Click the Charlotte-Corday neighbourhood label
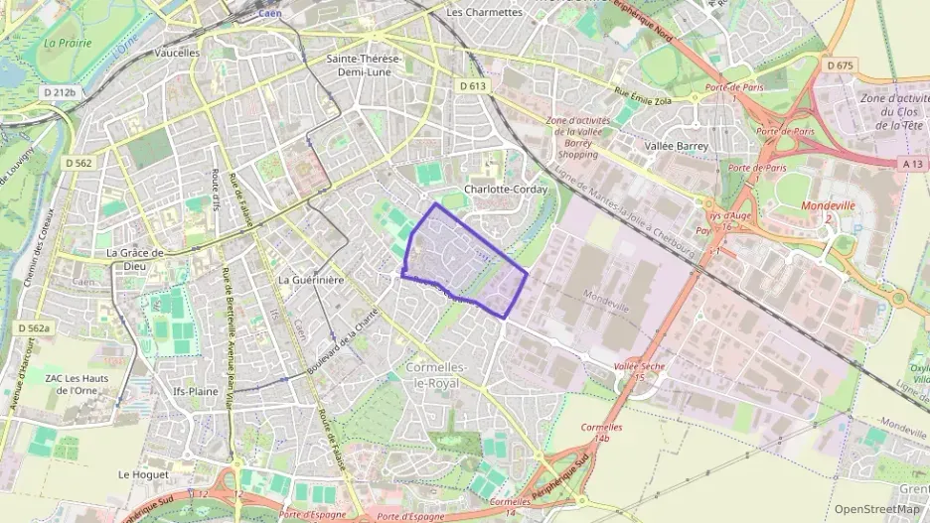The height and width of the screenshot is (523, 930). pos(500,189)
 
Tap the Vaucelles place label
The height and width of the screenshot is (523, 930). pos(178,53)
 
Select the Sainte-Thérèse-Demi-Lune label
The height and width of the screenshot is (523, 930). pos(365,65)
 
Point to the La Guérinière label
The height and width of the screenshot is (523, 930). pos(311,281)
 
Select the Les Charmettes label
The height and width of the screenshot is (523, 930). pos(485,12)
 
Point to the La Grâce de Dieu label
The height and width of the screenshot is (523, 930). pos(148,259)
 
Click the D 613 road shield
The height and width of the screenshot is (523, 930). pos(473,86)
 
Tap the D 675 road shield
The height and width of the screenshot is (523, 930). pos(840,65)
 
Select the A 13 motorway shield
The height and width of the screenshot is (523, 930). pos(913,162)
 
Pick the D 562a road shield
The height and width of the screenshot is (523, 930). pos(34,327)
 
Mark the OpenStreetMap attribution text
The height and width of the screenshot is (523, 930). pos(876,509)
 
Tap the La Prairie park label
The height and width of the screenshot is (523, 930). pos(67,43)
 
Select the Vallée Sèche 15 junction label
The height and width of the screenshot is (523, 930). pos(639,371)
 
